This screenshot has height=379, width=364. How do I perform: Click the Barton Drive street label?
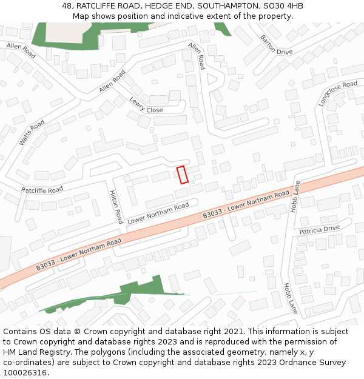tap(276, 45)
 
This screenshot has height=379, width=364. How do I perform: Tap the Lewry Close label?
tap(146, 106)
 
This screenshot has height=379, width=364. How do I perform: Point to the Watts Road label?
tap(32, 133)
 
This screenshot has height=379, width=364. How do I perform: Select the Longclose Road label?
tap(337, 94)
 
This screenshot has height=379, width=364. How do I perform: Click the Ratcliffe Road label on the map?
tap(42, 190)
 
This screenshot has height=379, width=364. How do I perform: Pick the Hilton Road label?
tap(116, 206)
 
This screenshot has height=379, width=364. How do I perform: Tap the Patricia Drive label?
tap(320, 230)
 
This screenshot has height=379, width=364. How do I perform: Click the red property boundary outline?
tap(182, 175)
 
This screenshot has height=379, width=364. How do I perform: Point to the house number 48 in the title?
tap(67, 6)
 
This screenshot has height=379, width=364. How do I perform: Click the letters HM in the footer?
tap(10, 352)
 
